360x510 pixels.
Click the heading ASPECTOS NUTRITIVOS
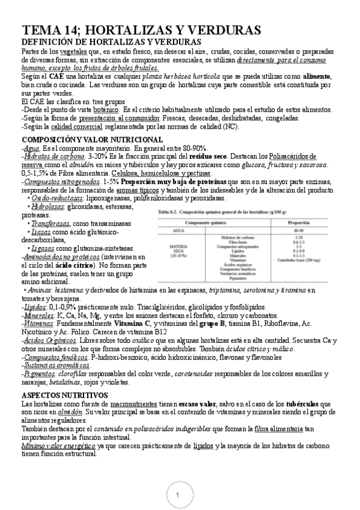click(x=64, y=394)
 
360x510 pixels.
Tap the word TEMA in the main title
click(x=43, y=31)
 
